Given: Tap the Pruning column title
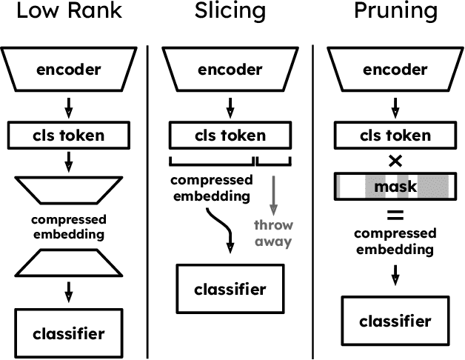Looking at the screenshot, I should click(394, 13).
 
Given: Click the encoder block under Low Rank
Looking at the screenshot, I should click(68, 70).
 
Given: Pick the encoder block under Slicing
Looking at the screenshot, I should click(229, 70).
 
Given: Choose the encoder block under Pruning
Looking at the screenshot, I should click(394, 70).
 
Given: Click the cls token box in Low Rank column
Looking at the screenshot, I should click(68, 136).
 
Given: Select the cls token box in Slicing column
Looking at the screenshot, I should click(229, 136).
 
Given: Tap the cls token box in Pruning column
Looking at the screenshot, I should click(394, 136).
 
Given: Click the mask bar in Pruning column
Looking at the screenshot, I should click(394, 186).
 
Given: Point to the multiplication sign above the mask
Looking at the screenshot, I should click(394, 160).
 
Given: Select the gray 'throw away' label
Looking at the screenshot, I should click(274, 233).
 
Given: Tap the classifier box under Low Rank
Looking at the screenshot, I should click(68, 333).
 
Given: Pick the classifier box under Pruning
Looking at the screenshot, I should click(394, 321).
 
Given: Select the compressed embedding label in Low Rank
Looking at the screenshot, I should click(68, 226).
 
